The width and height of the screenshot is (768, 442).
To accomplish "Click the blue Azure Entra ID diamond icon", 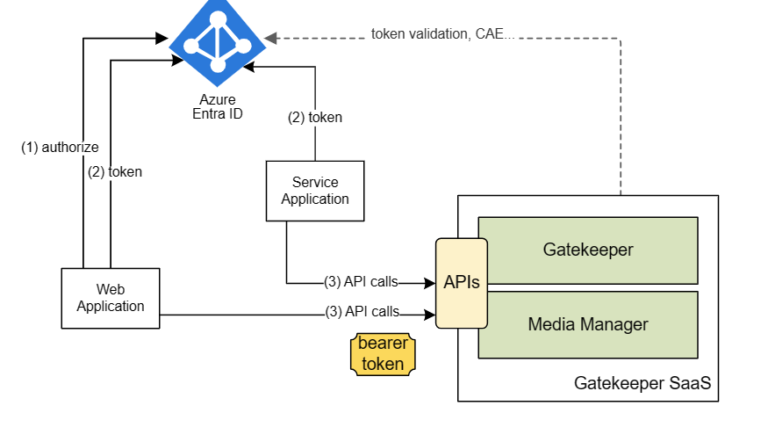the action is (218, 43).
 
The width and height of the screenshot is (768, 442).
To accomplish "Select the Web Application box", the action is (111, 298).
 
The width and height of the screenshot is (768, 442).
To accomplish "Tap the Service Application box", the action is (315, 191).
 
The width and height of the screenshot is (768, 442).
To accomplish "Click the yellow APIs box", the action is (462, 283).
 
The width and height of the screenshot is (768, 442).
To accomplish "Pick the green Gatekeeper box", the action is (588, 250).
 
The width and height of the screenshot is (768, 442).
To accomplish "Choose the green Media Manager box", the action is (588, 325).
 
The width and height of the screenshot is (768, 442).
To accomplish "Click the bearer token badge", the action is (383, 354).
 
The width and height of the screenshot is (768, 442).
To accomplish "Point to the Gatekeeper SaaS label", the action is (642, 383).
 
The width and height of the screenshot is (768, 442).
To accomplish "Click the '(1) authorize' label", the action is (60, 147).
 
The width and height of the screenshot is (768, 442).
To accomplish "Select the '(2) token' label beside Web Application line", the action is (115, 171).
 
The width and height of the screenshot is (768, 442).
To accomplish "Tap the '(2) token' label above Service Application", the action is (315, 117).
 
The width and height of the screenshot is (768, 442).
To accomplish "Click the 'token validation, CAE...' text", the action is (442, 34).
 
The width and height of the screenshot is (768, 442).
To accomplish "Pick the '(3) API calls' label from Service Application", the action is (361, 281).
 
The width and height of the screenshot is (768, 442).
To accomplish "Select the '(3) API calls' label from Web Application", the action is (362, 312).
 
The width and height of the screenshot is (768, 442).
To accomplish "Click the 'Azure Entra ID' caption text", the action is (218, 106).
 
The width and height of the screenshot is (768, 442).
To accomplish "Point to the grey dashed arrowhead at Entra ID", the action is (270, 38).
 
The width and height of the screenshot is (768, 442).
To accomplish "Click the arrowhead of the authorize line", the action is (162, 38).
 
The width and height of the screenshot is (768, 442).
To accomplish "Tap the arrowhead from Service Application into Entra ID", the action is (248, 67).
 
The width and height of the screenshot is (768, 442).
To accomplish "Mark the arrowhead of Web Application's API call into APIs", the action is (429, 315).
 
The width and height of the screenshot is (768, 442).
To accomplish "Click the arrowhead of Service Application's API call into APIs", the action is (429, 283).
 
